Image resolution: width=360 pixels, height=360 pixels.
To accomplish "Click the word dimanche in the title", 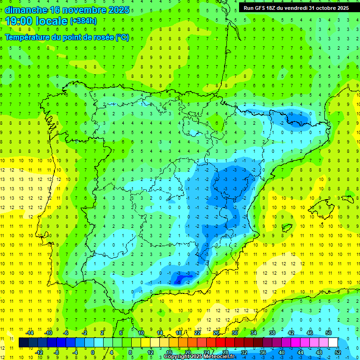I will coord(26,10).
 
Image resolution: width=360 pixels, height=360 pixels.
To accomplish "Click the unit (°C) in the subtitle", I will coord(122,37).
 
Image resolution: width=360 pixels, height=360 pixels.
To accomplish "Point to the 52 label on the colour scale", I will coord(337,352).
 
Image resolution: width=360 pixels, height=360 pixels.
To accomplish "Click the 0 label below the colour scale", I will coord(93,352).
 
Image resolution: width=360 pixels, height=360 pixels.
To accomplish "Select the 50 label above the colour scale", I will coord(329,333).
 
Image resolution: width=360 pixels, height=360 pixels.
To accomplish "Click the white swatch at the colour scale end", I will coord(333,343).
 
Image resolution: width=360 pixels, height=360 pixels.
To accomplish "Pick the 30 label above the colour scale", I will coord(235,333).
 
